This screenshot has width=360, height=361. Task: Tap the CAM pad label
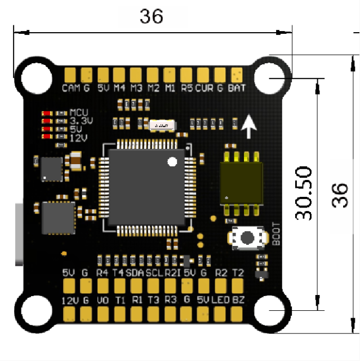(70, 88)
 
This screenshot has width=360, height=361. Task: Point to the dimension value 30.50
(304, 193)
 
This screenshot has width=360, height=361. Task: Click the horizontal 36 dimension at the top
(152, 17)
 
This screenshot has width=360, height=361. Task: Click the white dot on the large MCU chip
(172, 162)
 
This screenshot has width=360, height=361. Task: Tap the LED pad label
(220, 300)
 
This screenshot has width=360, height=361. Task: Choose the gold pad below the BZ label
(238, 313)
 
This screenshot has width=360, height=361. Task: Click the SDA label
(135, 273)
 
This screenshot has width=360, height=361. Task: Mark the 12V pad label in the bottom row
(70, 300)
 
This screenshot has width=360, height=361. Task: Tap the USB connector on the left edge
(20, 233)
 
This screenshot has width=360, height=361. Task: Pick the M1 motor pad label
(170, 88)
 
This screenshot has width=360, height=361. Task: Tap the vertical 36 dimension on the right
(340, 195)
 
